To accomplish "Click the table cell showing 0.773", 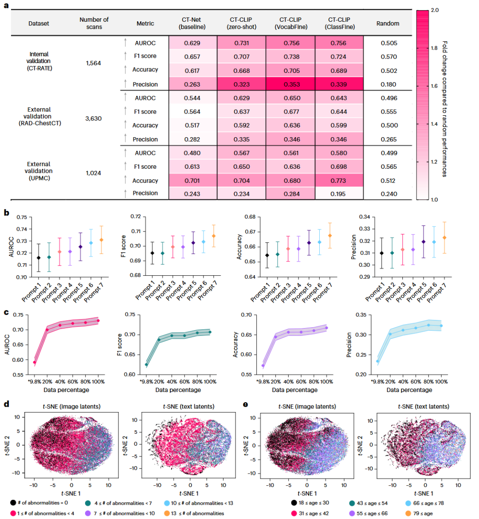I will pyautogui.click(x=339, y=181).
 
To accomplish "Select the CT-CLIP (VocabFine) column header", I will pyautogui.click(x=290, y=23).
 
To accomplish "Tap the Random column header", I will pyautogui.click(x=388, y=24).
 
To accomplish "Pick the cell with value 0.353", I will pyautogui.click(x=291, y=84).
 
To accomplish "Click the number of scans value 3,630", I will pyautogui.click(x=94, y=119).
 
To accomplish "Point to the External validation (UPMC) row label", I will pyautogui.click(x=39, y=171).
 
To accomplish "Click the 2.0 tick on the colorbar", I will pyautogui.click(x=435, y=10).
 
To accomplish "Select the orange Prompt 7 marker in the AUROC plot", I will pyautogui.click(x=101, y=240).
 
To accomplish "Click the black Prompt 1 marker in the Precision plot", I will pyautogui.click(x=369, y=253).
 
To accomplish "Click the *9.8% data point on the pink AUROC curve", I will pyautogui.click(x=35, y=362).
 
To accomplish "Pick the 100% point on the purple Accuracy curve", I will pyautogui.click(x=326, y=328).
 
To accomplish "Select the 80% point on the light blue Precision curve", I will pyautogui.click(x=428, y=325).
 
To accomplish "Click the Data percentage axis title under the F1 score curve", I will pyautogui.click(x=178, y=390).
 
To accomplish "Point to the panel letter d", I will pyautogui.click(x=7, y=404).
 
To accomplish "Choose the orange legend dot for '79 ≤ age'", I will pyautogui.click(x=408, y=514).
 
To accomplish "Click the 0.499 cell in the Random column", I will pyautogui.click(x=389, y=153).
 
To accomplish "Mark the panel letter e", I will pyautogui.click(x=246, y=404).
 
